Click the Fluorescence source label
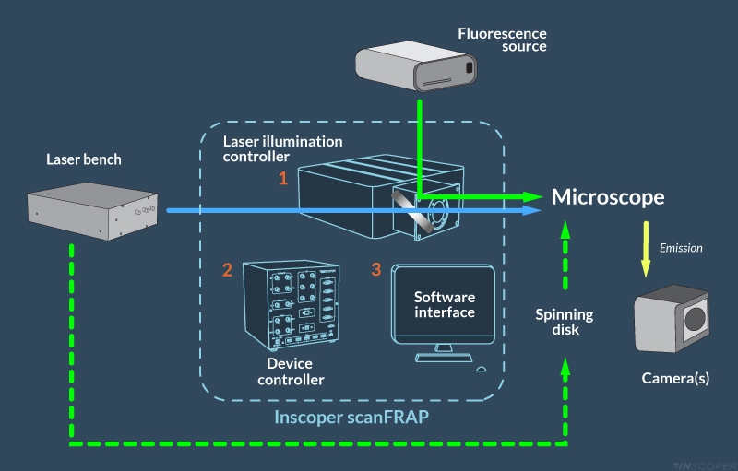pyautogui.click(x=502, y=41)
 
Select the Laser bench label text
pyautogui.click(x=84, y=159)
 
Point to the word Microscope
pyautogui.click(x=608, y=197)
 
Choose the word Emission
pyautogui.click(x=681, y=247)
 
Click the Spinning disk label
pyautogui.click(x=565, y=322)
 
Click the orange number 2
pyautogui.click(x=226, y=270)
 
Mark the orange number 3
pyautogui.click(x=375, y=269)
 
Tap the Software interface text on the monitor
pyautogui.click(x=445, y=305)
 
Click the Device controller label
pyautogui.click(x=290, y=371)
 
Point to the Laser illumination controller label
pyautogui.click(x=283, y=148)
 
